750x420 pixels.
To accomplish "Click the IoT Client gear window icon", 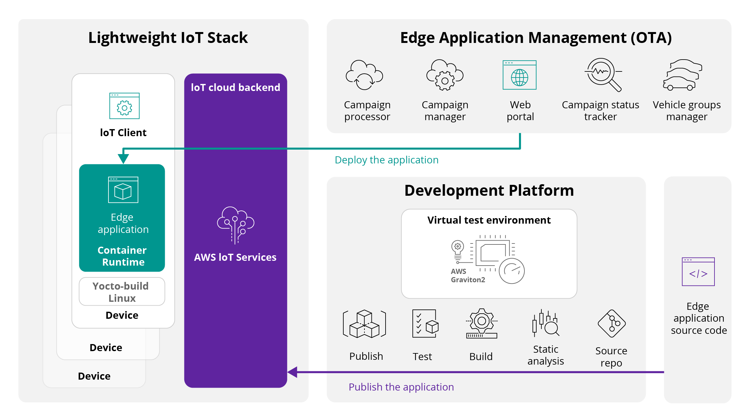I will tap(124, 106).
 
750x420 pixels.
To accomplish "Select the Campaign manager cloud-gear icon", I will tap(445, 75).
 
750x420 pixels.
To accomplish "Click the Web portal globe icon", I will tap(519, 75).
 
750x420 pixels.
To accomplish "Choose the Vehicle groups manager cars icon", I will tap(682, 75).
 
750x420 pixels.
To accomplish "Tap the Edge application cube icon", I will tap(123, 190).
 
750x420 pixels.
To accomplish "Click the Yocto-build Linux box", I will tap(122, 292).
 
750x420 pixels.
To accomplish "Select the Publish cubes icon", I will tap(364, 324).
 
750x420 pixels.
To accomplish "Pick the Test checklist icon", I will tap(425, 324).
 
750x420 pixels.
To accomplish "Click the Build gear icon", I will tap(482, 324).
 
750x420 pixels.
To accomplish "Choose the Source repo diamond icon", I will tap(611, 324).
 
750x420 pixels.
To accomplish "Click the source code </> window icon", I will tap(698, 272).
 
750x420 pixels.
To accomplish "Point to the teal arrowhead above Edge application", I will tap(123, 158).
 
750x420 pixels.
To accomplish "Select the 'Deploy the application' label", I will tap(387, 160).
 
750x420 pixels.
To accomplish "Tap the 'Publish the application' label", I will tap(401, 387).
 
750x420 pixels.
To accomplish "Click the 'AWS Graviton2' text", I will tap(468, 276).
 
